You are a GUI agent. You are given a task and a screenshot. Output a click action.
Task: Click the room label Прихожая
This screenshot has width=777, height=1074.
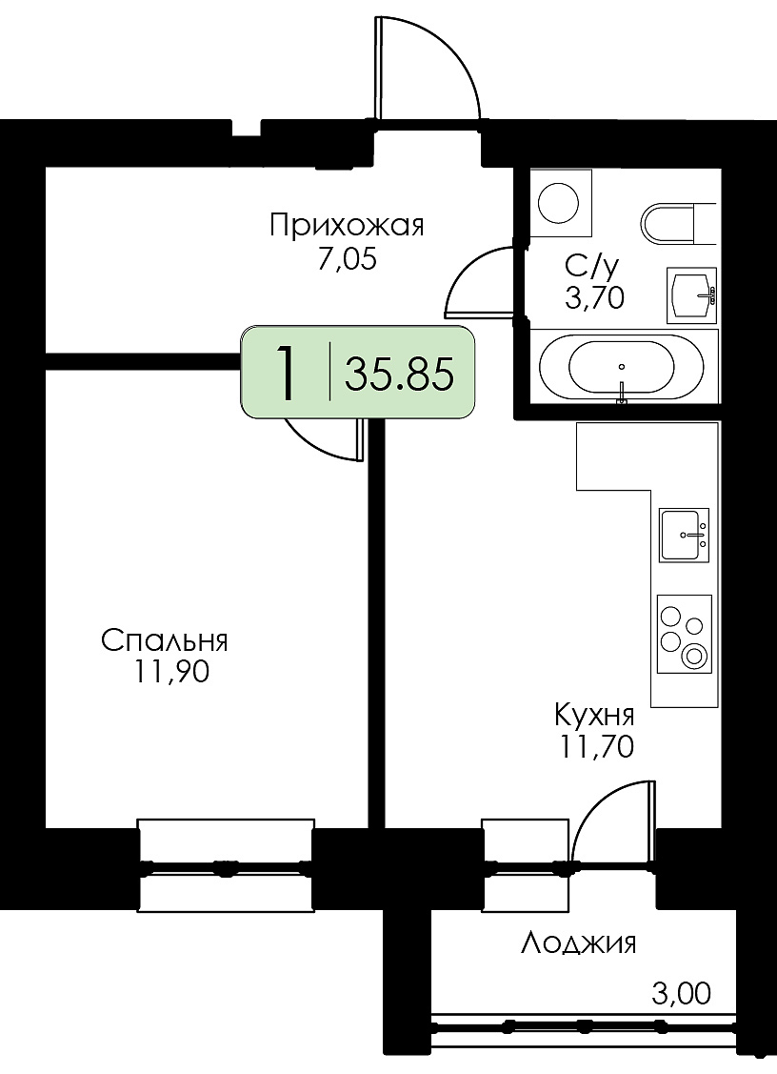click(347, 225)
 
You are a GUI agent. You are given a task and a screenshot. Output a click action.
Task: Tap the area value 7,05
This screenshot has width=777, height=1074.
click(348, 260)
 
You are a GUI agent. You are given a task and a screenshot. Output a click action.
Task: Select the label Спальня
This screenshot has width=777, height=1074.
click(165, 641)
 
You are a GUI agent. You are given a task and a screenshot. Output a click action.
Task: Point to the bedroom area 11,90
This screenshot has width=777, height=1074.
click(171, 674)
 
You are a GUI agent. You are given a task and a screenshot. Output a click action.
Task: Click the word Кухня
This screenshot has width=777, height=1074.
click(594, 716)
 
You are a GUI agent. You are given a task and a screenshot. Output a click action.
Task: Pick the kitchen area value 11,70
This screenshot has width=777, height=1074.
click(597, 747)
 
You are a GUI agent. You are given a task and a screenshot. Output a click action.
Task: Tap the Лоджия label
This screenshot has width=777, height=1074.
click(579, 943)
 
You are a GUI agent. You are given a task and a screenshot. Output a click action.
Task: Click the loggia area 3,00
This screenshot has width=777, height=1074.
click(681, 994)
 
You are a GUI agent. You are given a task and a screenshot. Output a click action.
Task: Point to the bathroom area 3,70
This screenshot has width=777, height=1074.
click(594, 297)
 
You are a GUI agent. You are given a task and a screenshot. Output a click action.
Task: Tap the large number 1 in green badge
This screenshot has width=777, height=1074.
click(287, 374)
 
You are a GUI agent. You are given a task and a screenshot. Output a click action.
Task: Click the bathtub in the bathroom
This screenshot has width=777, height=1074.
click(622, 367)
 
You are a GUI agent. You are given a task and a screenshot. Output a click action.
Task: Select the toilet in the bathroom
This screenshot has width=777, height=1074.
click(679, 223)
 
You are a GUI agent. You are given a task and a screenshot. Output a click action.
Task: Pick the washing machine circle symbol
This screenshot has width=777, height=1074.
click(559, 203)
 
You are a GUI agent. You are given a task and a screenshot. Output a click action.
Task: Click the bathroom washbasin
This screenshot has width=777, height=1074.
click(691, 295)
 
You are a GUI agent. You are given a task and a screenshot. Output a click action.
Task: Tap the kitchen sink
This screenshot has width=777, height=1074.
click(684, 535)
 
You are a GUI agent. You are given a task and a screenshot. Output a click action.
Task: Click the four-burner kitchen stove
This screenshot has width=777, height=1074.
click(684, 635)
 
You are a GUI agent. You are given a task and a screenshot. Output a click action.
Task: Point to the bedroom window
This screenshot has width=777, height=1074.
click(226, 865)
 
